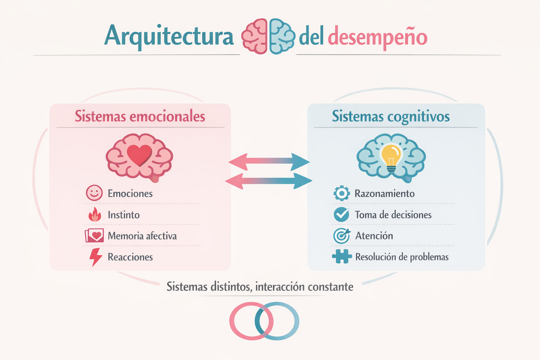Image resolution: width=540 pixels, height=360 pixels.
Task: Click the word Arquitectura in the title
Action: coord(169,36)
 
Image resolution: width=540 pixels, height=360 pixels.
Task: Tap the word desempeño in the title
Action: coord(377,37)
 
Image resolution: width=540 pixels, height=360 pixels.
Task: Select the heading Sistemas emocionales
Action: coord(140,116)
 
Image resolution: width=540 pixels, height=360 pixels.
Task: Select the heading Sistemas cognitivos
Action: coord(391,116)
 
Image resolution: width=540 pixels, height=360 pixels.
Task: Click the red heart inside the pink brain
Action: coord(139,155)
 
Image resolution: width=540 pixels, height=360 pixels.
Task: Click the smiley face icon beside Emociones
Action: coord(94,193)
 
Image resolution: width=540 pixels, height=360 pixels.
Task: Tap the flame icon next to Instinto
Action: coord(95,214)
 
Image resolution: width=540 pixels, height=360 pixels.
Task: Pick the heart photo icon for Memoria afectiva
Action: coord(94,236)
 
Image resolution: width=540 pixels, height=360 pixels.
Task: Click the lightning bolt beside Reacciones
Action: coord(95,257)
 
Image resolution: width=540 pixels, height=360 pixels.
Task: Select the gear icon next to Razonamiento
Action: coord(341,193)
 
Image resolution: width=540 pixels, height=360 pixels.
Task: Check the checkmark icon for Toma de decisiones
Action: coord(341,214)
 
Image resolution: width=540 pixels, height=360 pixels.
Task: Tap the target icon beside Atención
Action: coord(341,236)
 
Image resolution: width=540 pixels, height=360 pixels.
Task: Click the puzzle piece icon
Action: coord(341,257)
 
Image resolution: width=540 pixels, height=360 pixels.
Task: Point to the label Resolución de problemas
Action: coord(402,257)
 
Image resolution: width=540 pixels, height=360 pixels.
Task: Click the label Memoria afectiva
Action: coord(142,236)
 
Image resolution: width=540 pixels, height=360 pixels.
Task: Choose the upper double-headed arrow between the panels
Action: coord(269,161)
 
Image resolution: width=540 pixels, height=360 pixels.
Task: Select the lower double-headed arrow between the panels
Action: coord(269,181)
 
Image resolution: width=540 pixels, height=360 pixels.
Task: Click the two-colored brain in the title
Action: coord(268,37)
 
